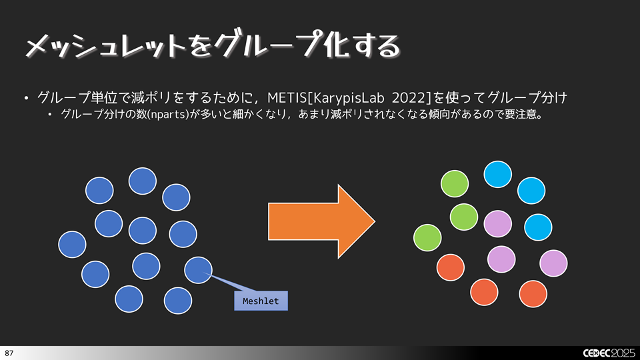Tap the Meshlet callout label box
pos(261,301)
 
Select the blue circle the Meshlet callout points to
pos(199,269)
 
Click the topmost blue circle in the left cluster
pos(143,180)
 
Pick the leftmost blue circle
pos(73,244)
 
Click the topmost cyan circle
pos(497,174)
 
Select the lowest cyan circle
pos(538,227)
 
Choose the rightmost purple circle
pos(553,263)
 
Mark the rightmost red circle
pos(533,293)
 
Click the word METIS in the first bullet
pos(285,99)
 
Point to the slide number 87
pos(9,352)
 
